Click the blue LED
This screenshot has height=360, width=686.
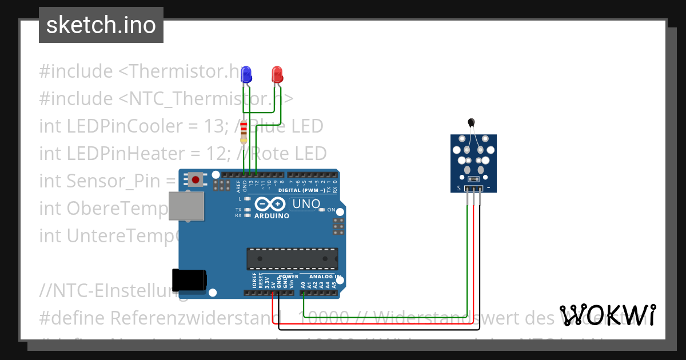click(246, 74)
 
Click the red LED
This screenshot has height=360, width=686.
click(277, 74)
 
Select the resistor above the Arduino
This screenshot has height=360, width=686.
click(244, 132)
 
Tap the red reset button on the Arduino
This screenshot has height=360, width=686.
click(196, 180)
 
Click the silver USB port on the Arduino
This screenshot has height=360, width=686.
click(187, 206)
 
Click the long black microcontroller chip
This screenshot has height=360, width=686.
click(292, 259)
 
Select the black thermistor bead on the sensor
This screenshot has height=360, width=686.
click(471, 122)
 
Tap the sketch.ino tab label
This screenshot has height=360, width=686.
click(101, 25)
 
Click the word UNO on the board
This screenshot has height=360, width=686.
click(305, 204)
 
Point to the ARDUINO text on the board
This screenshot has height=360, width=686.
click(272, 216)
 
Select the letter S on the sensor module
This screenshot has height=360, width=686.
click(458, 188)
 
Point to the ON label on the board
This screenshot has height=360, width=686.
click(332, 210)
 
